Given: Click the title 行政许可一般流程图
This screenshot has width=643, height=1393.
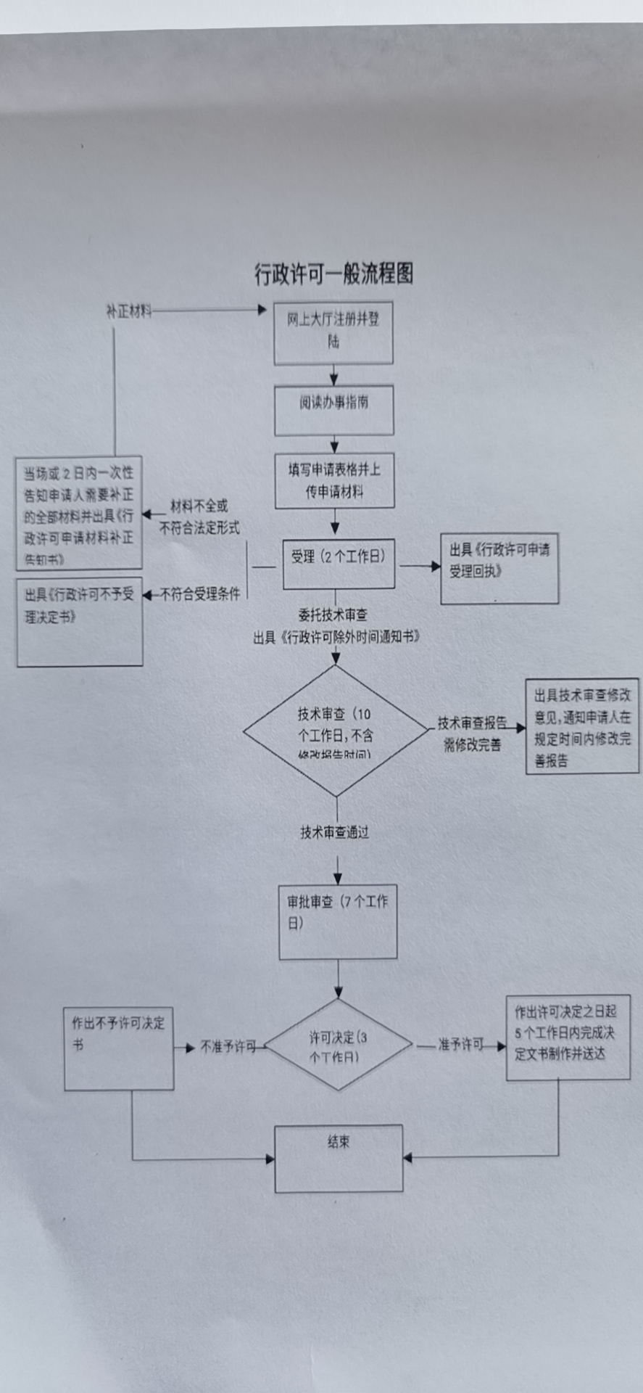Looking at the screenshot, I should coord(333,274).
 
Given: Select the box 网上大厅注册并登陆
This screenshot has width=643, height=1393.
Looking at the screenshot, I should coord(333,332).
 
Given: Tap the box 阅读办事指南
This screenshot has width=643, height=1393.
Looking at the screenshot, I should coord(333,410).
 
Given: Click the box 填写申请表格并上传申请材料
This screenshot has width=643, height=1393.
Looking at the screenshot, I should coord(334,480).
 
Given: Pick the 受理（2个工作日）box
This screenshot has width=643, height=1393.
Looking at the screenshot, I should coord(339,562).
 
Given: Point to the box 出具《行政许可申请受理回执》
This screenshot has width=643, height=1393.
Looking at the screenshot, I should coord(499,568).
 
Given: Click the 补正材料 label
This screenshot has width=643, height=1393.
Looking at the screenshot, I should coord(129,311).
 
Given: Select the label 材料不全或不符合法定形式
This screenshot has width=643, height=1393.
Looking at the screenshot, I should coord(199,517).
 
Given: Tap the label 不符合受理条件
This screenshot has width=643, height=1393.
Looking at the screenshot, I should coord(199,594).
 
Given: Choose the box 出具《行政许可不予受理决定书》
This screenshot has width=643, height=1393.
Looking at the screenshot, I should coord(80,622).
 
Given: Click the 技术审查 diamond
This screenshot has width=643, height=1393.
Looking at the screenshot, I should coord(336,731).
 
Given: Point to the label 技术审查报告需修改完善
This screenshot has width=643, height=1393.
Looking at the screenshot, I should coord(473,734).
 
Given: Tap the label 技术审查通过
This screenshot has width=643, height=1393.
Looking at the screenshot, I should coord(335,832).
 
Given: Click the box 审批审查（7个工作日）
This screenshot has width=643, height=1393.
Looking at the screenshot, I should coord(338,921).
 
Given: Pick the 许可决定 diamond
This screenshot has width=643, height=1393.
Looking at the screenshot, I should coord(337,1045).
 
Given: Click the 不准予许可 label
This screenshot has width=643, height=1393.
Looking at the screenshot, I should coord(228,1046).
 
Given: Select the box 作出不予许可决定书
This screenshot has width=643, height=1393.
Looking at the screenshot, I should coord(119,1048).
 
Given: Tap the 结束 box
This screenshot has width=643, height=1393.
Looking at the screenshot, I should coord(339,1158).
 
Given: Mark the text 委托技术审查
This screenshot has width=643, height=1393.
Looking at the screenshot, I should coord(333,615).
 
